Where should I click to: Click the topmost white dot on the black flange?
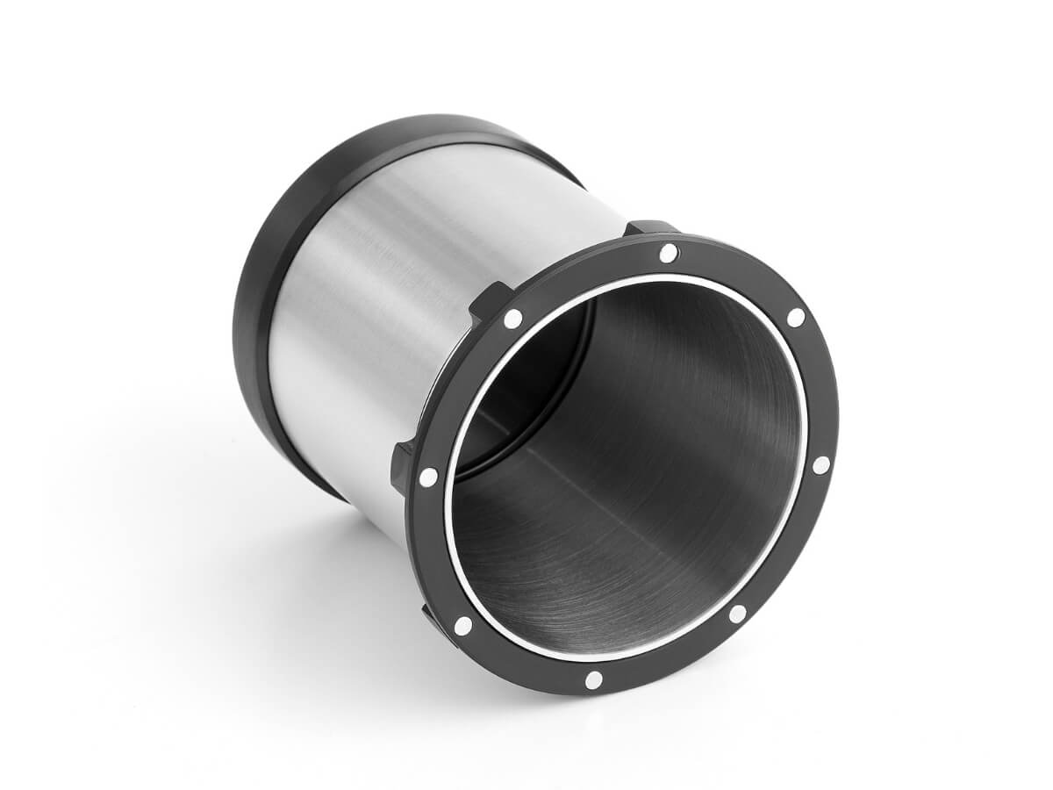[668, 253]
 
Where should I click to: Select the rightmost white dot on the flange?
[820, 465]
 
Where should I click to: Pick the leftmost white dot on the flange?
[428, 477]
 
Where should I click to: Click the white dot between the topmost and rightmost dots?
[795, 317]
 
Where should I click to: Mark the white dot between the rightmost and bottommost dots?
[738, 614]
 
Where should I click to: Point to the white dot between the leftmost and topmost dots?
[513, 319]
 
